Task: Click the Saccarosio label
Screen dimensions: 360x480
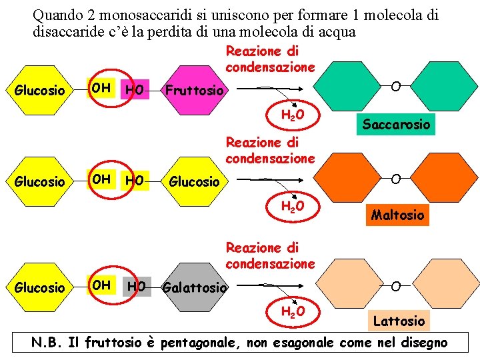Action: [396, 124]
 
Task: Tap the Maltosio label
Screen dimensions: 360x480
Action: [397, 215]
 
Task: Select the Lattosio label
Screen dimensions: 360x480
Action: [399, 321]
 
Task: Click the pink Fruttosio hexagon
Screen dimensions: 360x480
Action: [193, 90]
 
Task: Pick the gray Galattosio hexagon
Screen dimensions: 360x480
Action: [194, 287]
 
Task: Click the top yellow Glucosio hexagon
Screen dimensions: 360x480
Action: [40, 90]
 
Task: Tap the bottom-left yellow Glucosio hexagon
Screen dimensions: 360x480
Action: [40, 287]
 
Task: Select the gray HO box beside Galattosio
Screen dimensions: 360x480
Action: [137, 287]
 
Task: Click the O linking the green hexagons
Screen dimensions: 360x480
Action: [396, 87]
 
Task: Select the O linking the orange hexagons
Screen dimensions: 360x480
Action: [396, 179]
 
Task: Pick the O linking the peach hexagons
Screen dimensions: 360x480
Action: [396, 287]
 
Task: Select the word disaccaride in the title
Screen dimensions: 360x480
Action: [67, 31]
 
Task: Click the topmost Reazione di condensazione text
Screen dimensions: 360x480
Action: [270, 59]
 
